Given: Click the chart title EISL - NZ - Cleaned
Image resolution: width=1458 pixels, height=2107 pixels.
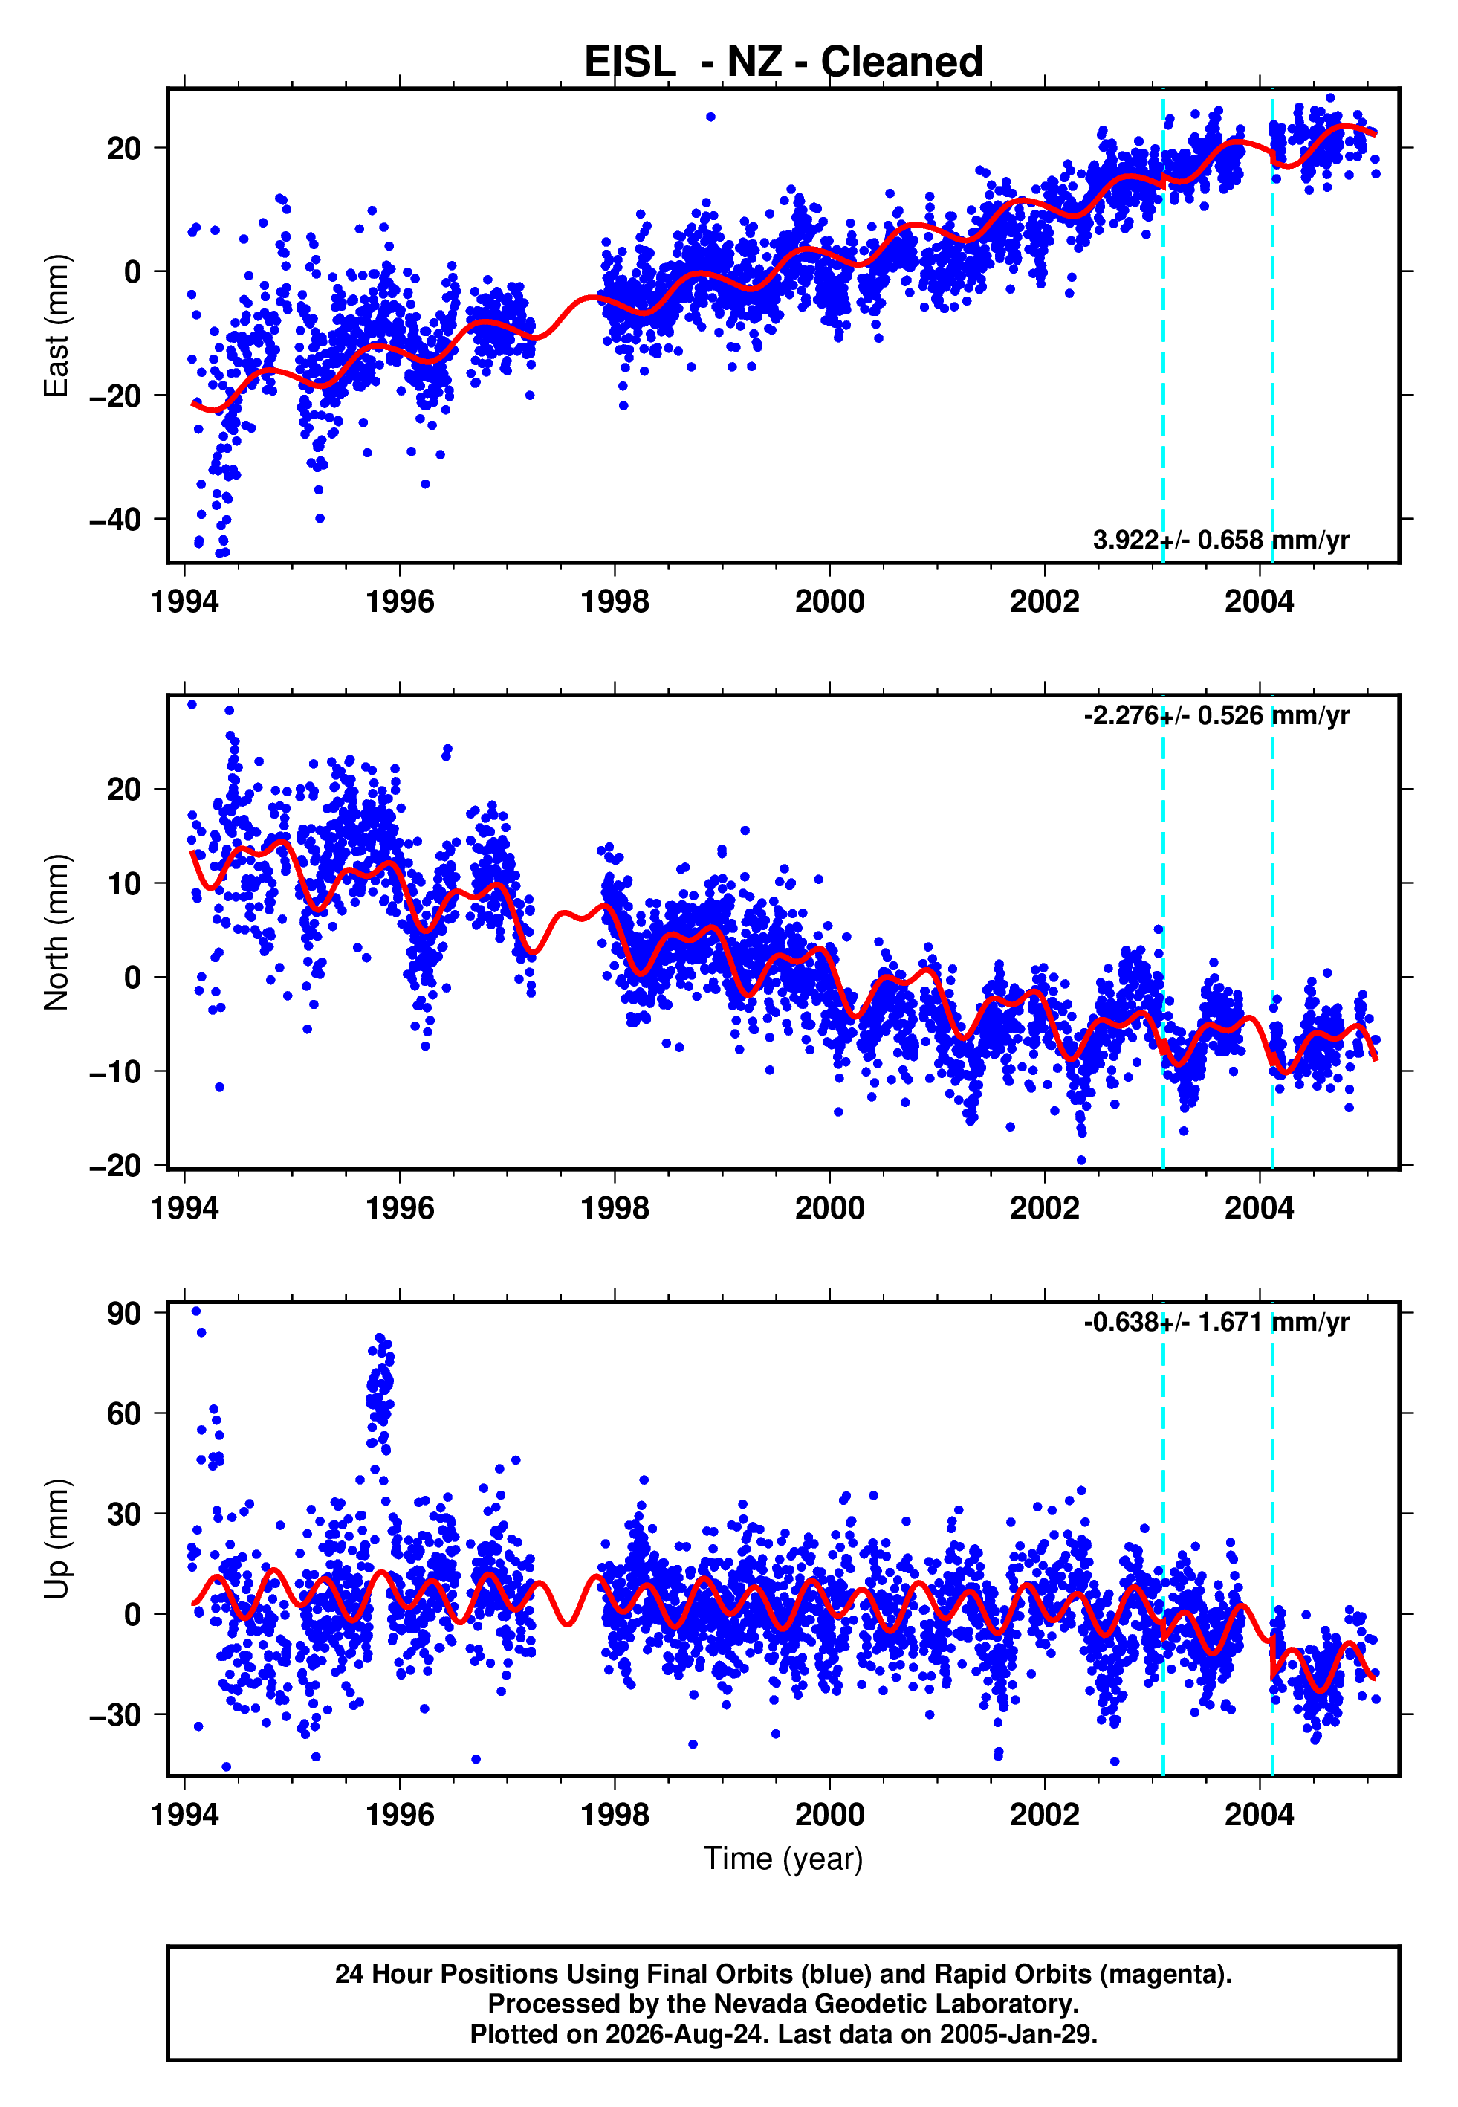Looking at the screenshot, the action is tap(783, 62).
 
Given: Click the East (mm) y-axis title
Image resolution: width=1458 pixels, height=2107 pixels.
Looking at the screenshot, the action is tap(56, 326).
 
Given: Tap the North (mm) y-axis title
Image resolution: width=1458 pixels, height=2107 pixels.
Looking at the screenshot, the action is tap(56, 932).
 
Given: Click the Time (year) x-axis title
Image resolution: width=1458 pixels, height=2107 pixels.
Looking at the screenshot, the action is tap(783, 1859).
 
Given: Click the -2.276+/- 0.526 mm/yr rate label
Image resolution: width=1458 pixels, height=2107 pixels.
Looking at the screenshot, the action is tap(1216, 715).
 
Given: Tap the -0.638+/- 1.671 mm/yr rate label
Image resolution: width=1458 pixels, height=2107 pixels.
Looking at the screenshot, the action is tap(1216, 1322).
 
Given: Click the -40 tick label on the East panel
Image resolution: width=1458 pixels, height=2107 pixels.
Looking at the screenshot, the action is tap(115, 519).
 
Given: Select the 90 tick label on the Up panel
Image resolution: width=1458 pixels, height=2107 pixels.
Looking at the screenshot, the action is tap(124, 1313).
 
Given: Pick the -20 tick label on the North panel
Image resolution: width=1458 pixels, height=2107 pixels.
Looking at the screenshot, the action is tap(115, 1165).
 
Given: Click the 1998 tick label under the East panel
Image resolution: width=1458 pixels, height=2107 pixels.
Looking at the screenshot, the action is tap(615, 601).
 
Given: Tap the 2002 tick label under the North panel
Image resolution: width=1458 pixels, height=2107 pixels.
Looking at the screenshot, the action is tap(1044, 1208).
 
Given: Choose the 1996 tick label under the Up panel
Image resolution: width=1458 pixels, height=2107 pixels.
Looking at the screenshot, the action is tap(400, 1815).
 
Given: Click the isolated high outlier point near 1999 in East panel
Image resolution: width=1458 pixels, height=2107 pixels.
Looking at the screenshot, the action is tap(710, 117).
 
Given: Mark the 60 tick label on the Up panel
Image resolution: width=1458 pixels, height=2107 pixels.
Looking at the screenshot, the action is tap(124, 1413).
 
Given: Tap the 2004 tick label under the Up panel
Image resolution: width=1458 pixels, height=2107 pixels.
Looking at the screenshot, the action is tap(1260, 1815).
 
